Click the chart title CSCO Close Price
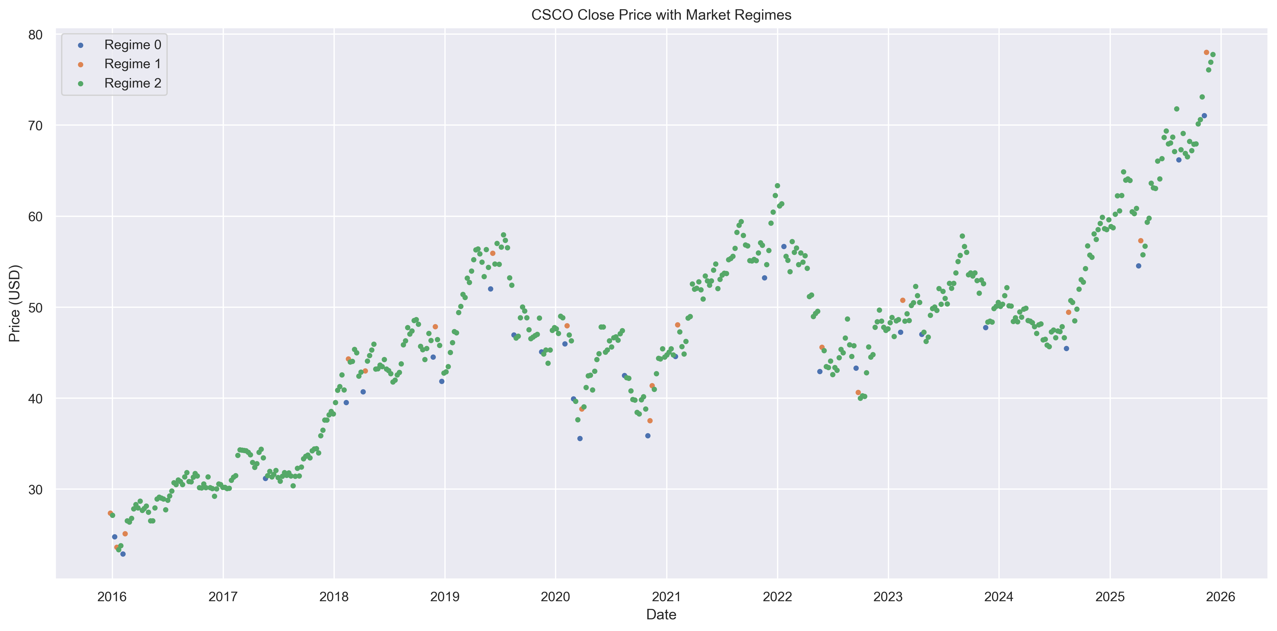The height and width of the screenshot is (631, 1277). (661, 15)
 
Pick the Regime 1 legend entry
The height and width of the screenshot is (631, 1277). (132, 64)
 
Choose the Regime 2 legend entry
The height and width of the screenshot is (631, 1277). (132, 83)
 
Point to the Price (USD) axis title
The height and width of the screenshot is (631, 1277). (15, 303)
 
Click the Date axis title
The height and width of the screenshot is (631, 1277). (661, 615)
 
